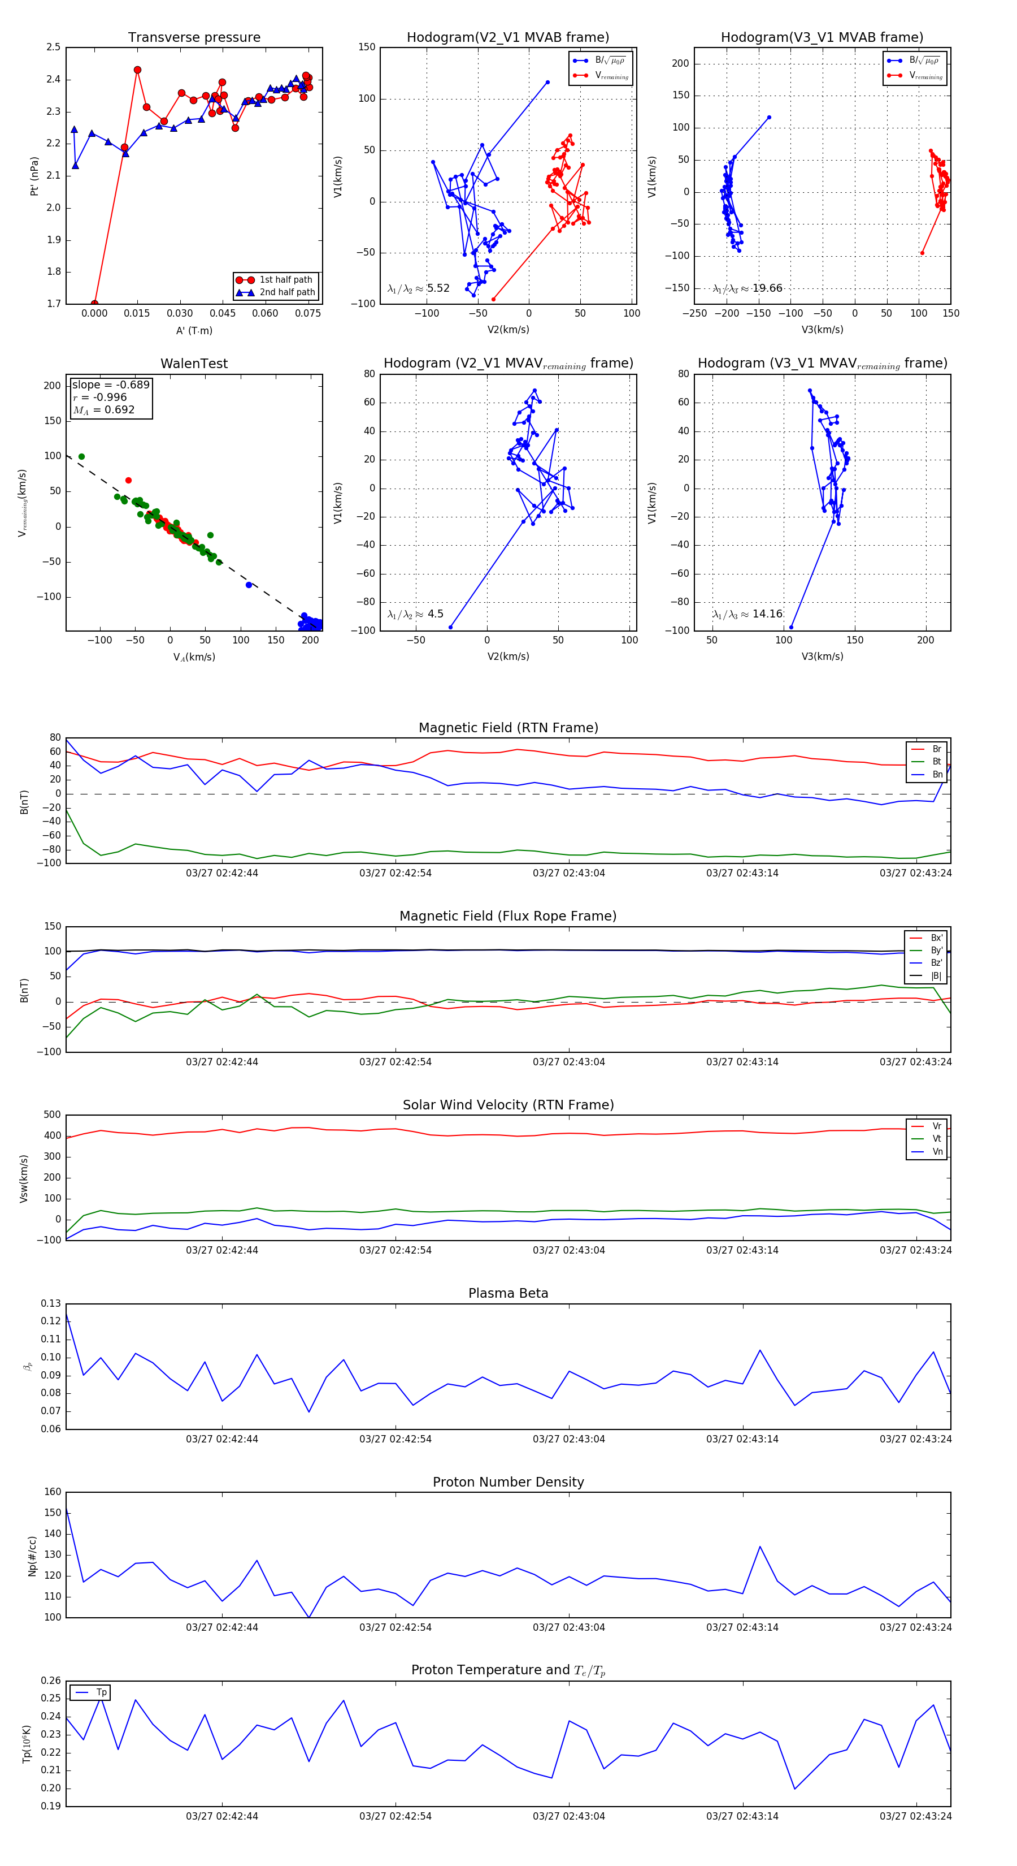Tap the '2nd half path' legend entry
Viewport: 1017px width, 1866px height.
286,293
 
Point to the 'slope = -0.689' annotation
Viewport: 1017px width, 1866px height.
111,385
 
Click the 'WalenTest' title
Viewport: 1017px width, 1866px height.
194,364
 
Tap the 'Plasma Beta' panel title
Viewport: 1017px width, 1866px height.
508,1294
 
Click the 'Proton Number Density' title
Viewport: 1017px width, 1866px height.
508,1482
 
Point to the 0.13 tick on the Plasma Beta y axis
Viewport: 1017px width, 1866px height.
51,1303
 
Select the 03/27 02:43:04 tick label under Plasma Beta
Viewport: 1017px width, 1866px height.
569,1439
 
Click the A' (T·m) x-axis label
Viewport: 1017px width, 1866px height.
194,330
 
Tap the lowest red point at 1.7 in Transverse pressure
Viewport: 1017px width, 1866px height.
95,304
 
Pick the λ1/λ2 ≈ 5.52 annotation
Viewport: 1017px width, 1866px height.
418,288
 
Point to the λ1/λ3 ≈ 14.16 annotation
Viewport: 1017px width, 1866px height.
747,614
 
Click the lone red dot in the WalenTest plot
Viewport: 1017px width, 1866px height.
128,480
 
